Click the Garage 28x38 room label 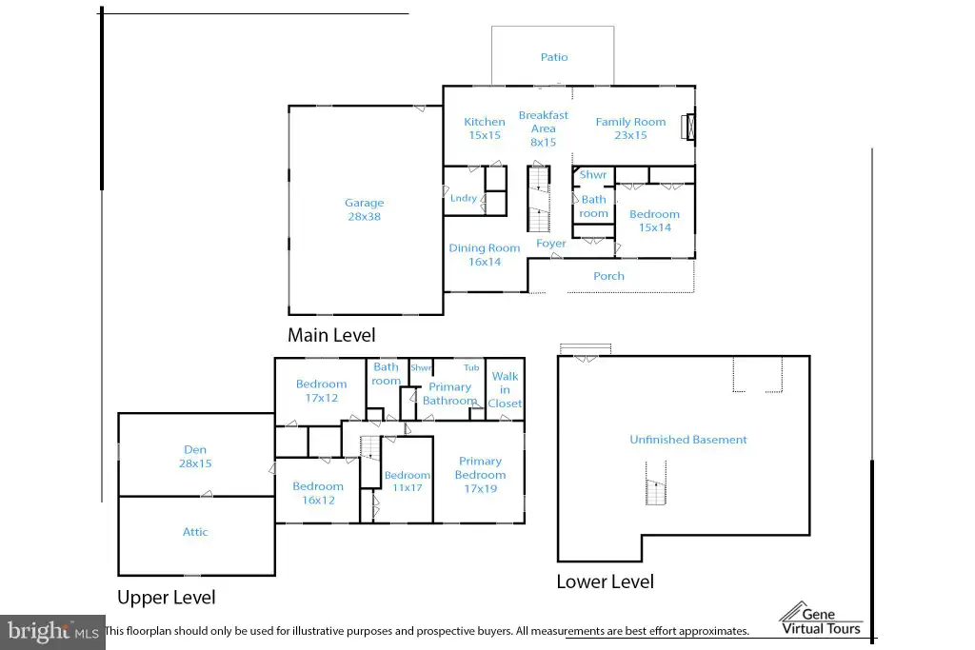click(365, 209)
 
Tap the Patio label click(554, 57)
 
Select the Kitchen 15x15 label click(485, 128)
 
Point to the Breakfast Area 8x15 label click(544, 128)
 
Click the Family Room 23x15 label click(630, 128)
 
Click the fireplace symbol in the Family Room click(688, 127)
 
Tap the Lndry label click(464, 198)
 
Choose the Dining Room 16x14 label click(485, 255)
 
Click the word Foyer click(551, 244)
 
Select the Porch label click(608, 276)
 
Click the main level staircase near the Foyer click(539, 199)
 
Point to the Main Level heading click(331, 336)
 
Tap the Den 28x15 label click(195, 456)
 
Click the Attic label click(195, 532)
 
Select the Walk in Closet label click(505, 389)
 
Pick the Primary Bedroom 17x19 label click(480, 475)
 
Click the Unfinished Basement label click(688, 440)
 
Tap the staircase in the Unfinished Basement click(655, 483)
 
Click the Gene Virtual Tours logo click(822, 619)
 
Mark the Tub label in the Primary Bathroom click(471, 368)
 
